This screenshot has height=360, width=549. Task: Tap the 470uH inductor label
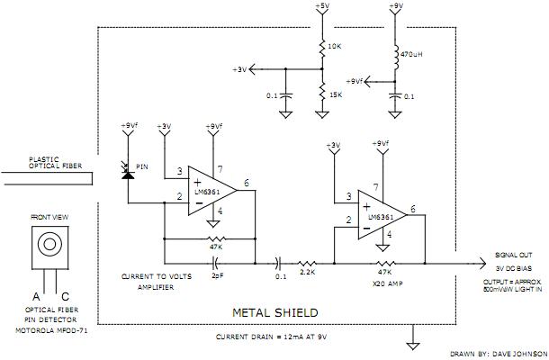click(x=414, y=54)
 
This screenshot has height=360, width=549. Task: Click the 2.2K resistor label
click(x=306, y=271)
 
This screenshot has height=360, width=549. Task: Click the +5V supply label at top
click(x=321, y=6)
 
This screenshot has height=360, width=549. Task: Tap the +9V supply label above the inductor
click(x=397, y=6)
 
